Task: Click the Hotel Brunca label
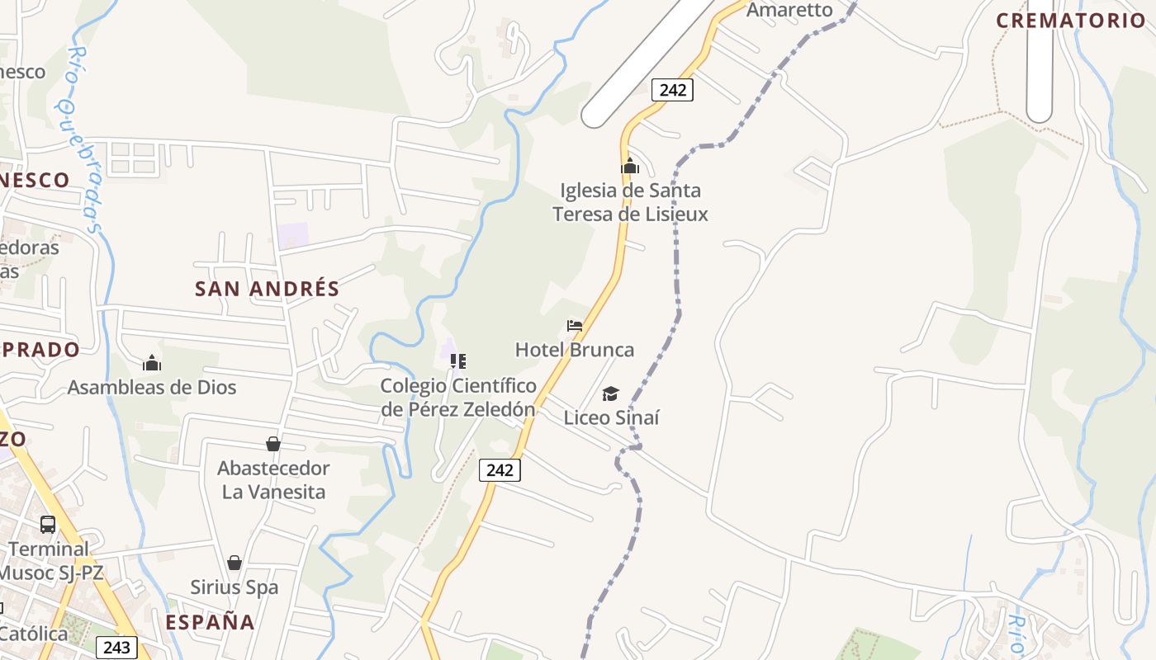coord(575,350)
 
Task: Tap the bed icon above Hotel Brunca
coord(575,326)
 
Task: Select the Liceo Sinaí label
coord(612,417)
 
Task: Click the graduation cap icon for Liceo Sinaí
coord(610,394)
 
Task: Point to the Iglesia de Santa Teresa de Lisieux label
coord(630,202)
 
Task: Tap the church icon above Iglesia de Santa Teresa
coord(630,167)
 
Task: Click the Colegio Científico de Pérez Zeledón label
coord(458,397)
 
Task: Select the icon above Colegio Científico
coord(458,361)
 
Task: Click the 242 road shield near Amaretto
coord(672,90)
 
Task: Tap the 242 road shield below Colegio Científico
coord(500,470)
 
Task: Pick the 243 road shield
coord(116,648)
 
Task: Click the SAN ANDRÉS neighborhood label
coord(267,289)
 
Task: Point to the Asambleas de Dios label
coord(152,387)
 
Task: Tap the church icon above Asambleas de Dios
coord(152,363)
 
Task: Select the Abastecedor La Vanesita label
coord(273,480)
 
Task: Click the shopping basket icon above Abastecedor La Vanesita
coord(273,445)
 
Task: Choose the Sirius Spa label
coord(235,587)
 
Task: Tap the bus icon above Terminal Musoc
coord(48,525)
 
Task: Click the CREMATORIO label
coord(1070,21)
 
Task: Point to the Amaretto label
coord(789,10)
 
